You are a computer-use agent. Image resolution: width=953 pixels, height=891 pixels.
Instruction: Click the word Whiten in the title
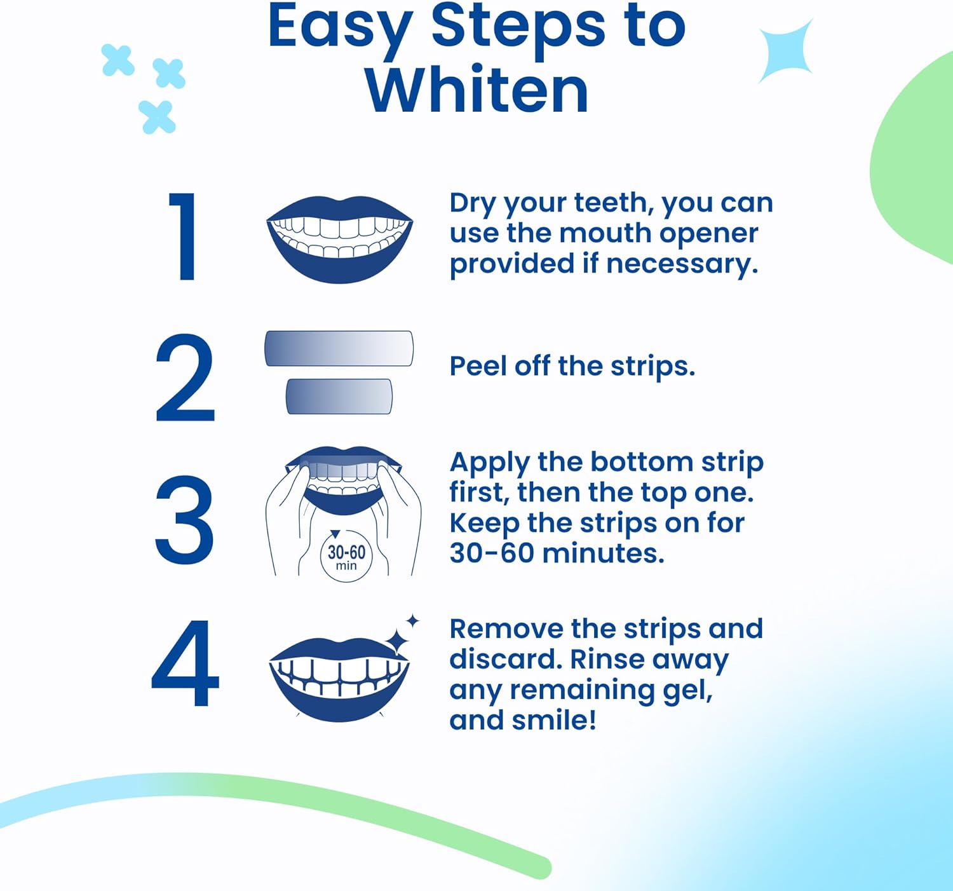pyautogui.click(x=476, y=91)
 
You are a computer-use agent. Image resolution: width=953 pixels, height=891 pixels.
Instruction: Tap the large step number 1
pyautogui.click(x=184, y=236)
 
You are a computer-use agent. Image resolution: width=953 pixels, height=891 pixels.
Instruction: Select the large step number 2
pyautogui.click(x=185, y=378)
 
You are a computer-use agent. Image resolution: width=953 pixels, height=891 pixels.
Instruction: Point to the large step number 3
pyautogui.click(x=184, y=520)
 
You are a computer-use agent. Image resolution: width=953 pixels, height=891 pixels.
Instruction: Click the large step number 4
pyautogui.click(x=185, y=663)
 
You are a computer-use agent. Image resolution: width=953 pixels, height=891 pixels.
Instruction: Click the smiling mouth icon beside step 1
pyautogui.click(x=339, y=239)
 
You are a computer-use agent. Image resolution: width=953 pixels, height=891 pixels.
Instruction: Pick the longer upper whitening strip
pyautogui.click(x=339, y=348)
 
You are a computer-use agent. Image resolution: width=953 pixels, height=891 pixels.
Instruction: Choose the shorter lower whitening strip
pyautogui.click(x=339, y=397)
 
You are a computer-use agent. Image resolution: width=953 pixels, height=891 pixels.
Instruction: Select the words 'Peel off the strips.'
pyautogui.click(x=572, y=367)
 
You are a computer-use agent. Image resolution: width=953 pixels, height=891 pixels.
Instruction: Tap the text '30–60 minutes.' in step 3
pyautogui.click(x=557, y=554)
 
